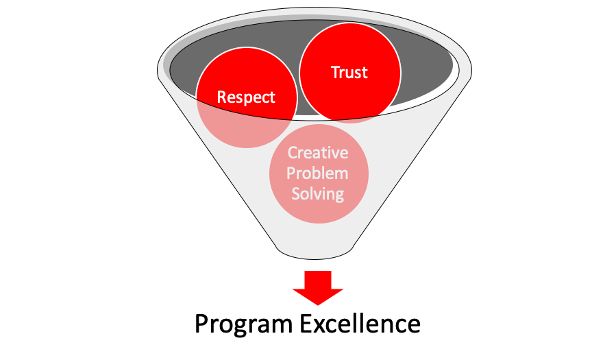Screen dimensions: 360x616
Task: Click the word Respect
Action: [x=246, y=97]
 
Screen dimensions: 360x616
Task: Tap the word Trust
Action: [x=349, y=73]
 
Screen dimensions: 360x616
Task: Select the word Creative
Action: [x=318, y=153]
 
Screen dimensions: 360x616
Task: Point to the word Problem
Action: [x=318, y=173]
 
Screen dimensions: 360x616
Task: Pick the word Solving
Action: [x=318, y=194]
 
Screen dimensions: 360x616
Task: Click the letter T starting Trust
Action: [x=336, y=73]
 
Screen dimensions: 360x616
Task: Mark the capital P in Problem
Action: [x=292, y=173]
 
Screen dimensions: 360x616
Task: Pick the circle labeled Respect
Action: [x=236, y=75]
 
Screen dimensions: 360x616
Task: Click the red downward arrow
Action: [x=318, y=288]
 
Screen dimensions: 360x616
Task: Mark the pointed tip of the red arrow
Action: [x=318, y=304]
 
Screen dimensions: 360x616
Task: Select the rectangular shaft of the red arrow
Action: [x=318, y=278]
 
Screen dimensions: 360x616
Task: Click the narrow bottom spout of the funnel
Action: [x=315, y=248]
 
